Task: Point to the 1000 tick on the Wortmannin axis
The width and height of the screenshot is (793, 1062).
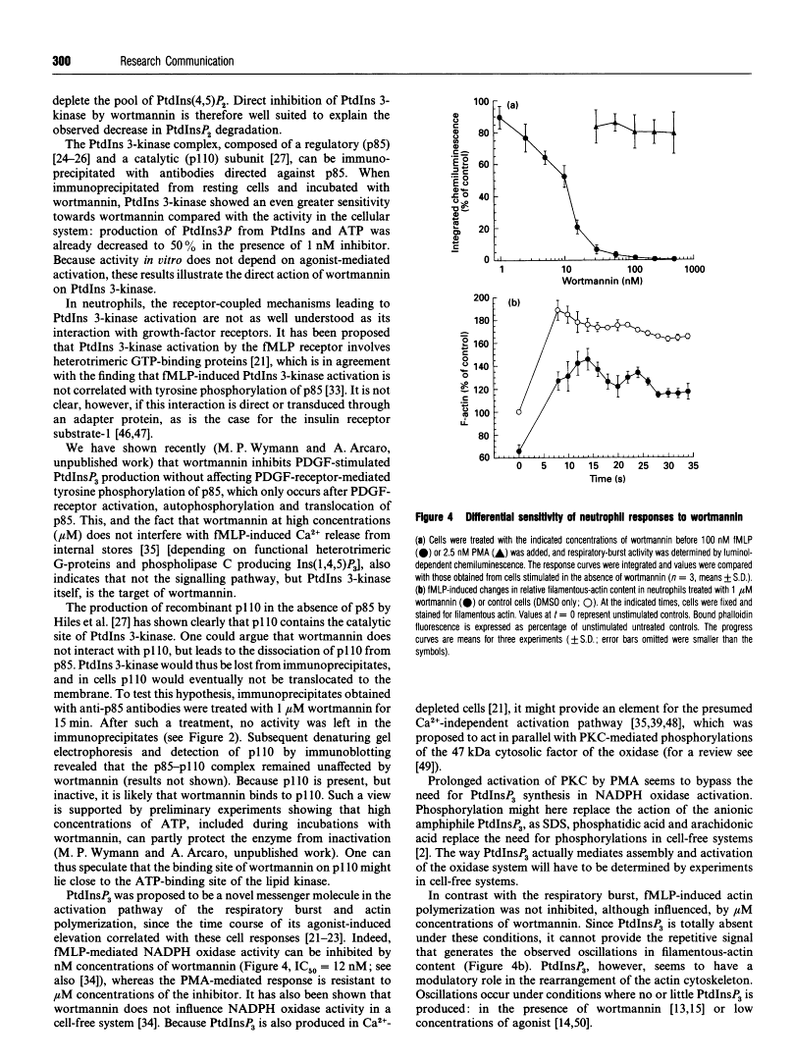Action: point(696,268)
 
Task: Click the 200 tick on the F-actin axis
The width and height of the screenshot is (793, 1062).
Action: point(480,296)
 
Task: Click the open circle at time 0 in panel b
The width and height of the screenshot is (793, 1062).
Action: point(520,412)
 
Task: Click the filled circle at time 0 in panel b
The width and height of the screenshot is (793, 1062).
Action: point(520,451)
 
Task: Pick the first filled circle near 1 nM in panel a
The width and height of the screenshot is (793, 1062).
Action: point(500,118)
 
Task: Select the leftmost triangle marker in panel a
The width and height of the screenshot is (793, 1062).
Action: point(597,128)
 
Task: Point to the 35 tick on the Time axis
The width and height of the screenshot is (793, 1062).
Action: point(693,467)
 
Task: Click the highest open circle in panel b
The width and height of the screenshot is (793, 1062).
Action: point(558,311)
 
